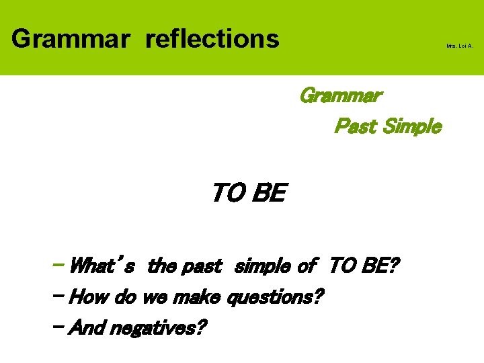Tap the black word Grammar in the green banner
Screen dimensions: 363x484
(x=69, y=38)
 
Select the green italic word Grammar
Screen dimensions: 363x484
(x=340, y=95)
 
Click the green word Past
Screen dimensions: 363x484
(x=356, y=126)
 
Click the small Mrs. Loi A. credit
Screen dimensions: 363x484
(x=460, y=46)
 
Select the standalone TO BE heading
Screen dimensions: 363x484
(x=248, y=194)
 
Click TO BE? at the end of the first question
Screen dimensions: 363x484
(x=364, y=266)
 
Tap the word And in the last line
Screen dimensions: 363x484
(x=86, y=328)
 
